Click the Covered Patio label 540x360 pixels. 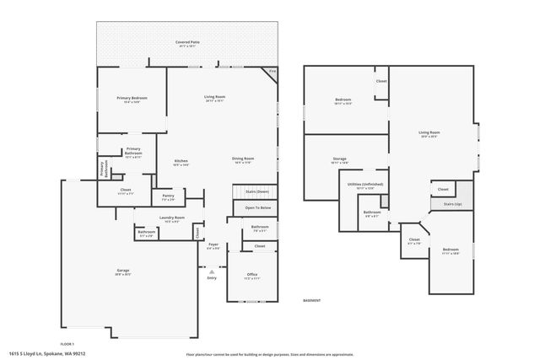pos(187,41)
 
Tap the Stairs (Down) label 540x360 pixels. pos(256,191)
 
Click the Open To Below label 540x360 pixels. pos(257,207)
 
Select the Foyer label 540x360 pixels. pos(213,245)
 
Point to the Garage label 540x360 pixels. pos(123,271)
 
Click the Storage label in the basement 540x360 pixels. pos(339,159)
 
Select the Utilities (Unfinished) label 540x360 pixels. pos(364,184)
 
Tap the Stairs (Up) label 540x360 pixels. pos(452,204)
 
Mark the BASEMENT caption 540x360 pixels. pos(312,300)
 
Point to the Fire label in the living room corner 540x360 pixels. pos(272,72)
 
